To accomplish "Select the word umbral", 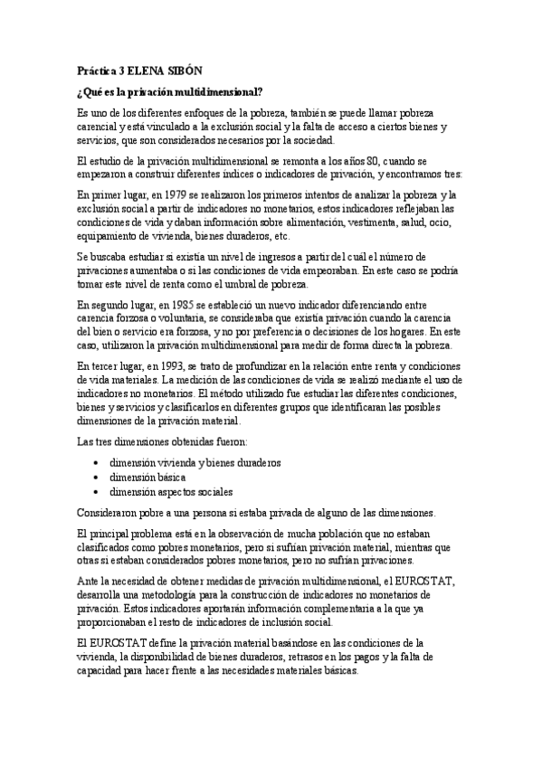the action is click(x=267, y=283).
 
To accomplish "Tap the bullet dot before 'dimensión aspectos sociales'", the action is click(x=96, y=491).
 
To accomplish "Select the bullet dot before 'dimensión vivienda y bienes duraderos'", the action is click(x=96, y=461).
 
